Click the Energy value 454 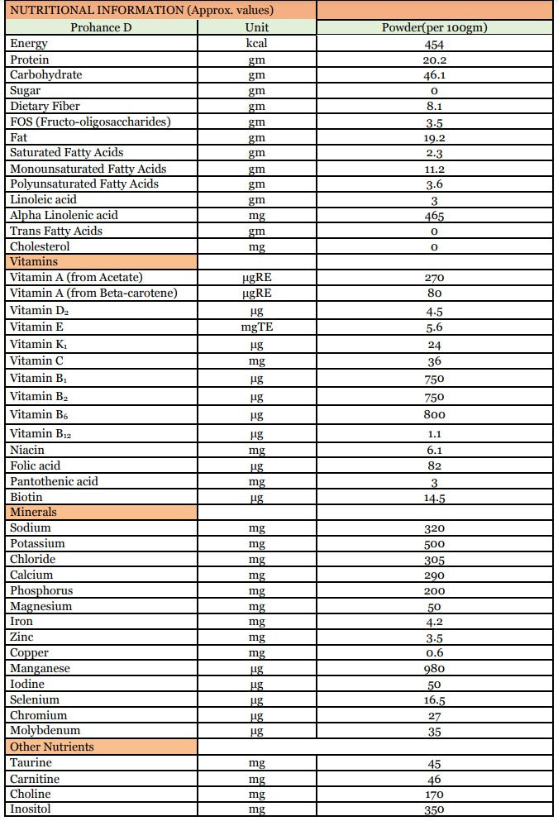point(434,44)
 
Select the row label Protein point(30,60)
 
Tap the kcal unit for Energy point(256,44)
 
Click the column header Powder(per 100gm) point(434,27)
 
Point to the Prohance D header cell point(101,27)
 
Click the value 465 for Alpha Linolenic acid point(434,216)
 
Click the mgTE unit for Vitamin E point(256,327)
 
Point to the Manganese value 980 point(434,669)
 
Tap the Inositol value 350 point(434,810)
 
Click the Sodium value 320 point(434,528)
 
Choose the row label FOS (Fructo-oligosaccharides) point(91,122)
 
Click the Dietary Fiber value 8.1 point(434,107)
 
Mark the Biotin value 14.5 point(434,498)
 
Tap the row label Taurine point(31,763)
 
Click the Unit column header point(256,27)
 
